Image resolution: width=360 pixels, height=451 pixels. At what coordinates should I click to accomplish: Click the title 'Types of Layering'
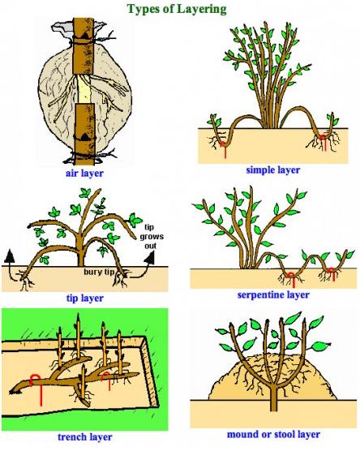(x=177, y=9)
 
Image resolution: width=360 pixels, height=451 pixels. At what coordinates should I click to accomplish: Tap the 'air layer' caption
(x=84, y=174)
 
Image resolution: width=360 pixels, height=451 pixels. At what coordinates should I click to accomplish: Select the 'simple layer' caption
(x=273, y=170)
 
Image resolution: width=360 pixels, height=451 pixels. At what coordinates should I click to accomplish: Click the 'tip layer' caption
(x=85, y=299)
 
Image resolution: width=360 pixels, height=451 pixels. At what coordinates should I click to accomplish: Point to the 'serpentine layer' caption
(x=273, y=294)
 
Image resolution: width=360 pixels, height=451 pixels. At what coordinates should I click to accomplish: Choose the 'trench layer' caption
(x=85, y=437)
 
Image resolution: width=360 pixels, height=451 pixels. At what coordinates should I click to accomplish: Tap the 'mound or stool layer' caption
(x=273, y=434)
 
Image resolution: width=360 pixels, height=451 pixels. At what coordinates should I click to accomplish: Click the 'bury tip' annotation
(x=99, y=272)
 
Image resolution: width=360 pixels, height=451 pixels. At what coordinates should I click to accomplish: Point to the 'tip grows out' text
(x=152, y=236)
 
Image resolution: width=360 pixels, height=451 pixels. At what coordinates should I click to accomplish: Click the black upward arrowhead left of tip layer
(x=10, y=256)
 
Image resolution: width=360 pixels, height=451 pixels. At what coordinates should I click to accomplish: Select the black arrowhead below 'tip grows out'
(x=150, y=258)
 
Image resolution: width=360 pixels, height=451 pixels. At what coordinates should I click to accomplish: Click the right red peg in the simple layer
(x=324, y=142)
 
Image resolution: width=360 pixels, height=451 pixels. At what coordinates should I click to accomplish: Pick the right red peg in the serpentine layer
(x=332, y=274)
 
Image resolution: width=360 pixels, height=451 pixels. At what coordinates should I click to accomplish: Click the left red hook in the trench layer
(x=36, y=389)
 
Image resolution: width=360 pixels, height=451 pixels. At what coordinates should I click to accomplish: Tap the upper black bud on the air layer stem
(x=86, y=36)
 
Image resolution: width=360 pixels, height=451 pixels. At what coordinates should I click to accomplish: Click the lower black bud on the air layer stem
(x=85, y=137)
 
